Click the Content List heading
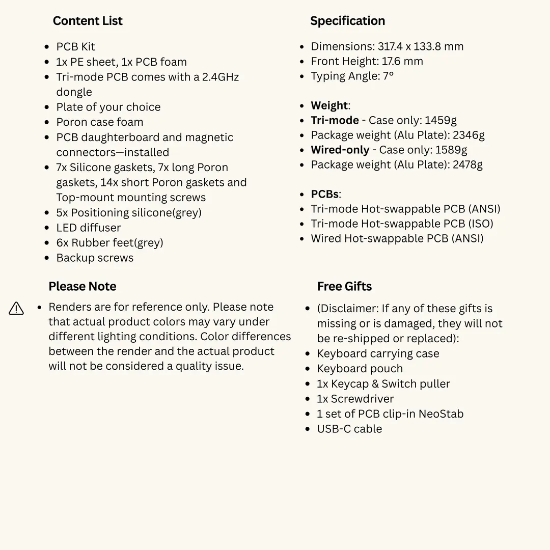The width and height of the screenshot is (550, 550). [88, 21]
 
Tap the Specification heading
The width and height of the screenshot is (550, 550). [347, 21]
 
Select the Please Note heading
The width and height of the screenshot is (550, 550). [82, 286]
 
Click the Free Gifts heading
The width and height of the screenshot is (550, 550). [344, 286]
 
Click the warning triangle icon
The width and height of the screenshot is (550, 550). [16, 309]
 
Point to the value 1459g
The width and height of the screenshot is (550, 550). [441, 120]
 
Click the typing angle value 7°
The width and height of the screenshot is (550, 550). [389, 76]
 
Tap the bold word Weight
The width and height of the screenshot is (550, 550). [329, 105]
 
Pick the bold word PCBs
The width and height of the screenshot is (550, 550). [324, 194]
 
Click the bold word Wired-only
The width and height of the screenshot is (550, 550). [340, 150]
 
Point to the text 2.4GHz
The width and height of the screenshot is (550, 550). [221, 77]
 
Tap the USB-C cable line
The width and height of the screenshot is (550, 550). [349, 429]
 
